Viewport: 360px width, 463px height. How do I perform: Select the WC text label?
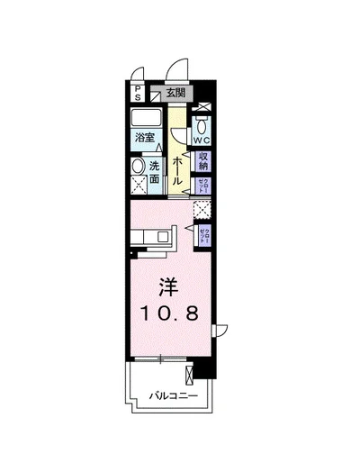pyautogui.click(x=201, y=141)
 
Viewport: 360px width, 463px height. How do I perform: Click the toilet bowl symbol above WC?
pyautogui.click(x=202, y=124)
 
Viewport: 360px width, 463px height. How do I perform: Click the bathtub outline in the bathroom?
pyautogui.click(x=147, y=119)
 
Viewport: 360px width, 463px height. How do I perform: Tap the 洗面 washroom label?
pyautogui.click(x=155, y=171)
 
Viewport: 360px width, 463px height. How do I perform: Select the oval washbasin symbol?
pyautogui.click(x=139, y=168)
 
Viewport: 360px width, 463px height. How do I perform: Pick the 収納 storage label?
pyautogui.click(x=203, y=163)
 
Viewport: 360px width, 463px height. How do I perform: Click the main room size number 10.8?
pyautogui.click(x=175, y=313)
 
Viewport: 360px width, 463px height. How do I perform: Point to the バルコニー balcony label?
pyautogui.click(x=175, y=395)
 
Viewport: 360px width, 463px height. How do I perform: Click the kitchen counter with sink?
pyautogui.click(x=153, y=239)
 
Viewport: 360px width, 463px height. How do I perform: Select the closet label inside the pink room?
pyautogui.click(x=205, y=238)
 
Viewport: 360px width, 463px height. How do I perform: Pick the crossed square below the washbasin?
pyautogui.click(x=139, y=188)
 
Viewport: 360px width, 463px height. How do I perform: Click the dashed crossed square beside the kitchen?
pyautogui.click(x=202, y=211)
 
